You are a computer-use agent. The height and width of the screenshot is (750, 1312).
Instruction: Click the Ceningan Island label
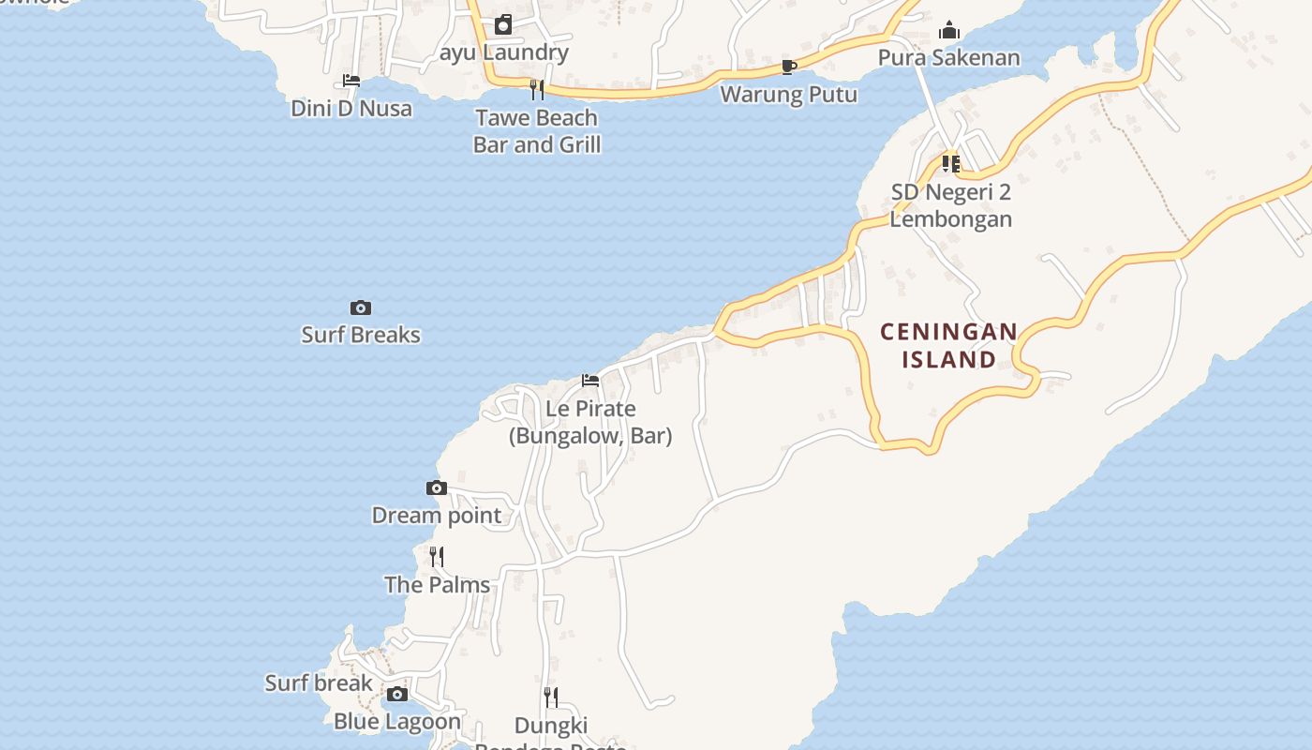(x=948, y=345)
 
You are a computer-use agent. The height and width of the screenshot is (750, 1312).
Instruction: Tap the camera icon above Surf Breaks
(x=361, y=307)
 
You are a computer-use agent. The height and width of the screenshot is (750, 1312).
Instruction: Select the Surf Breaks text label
(x=361, y=335)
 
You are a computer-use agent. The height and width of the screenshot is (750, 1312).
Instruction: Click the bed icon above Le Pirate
(x=590, y=381)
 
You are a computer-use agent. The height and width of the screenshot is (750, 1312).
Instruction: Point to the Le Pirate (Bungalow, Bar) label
(x=590, y=422)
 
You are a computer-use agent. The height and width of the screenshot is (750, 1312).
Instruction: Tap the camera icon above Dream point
(x=437, y=487)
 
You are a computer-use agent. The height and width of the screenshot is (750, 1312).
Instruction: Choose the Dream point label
(x=437, y=515)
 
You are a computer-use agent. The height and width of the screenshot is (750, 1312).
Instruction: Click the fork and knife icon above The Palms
(x=437, y=557)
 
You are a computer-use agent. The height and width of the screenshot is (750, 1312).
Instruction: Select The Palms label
(x=437, y=584)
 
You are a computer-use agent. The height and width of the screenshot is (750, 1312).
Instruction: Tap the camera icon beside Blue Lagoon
(x=397, y=695)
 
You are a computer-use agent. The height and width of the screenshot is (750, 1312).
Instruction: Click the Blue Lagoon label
(x=397, y=721)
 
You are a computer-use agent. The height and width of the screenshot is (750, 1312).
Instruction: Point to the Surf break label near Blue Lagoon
(x=319, y=682)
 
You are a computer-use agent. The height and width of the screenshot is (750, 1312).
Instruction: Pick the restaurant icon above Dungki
(x=551, y=697)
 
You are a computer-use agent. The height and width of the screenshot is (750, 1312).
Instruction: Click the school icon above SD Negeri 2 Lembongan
(x=951, y=164)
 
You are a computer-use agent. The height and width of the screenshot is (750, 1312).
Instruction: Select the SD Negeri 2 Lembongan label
(x=951, y=205)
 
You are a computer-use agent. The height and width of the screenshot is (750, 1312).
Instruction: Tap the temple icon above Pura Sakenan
(x=949, y=30)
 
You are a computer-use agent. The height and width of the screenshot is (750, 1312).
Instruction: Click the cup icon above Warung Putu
(x=788, y=67)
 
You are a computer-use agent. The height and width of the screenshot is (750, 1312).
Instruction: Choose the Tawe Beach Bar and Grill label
(x=537, y=131)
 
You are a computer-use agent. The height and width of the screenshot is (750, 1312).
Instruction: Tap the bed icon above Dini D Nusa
(x=351, y=81)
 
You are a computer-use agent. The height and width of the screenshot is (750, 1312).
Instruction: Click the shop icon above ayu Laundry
(x=504, y=24)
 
